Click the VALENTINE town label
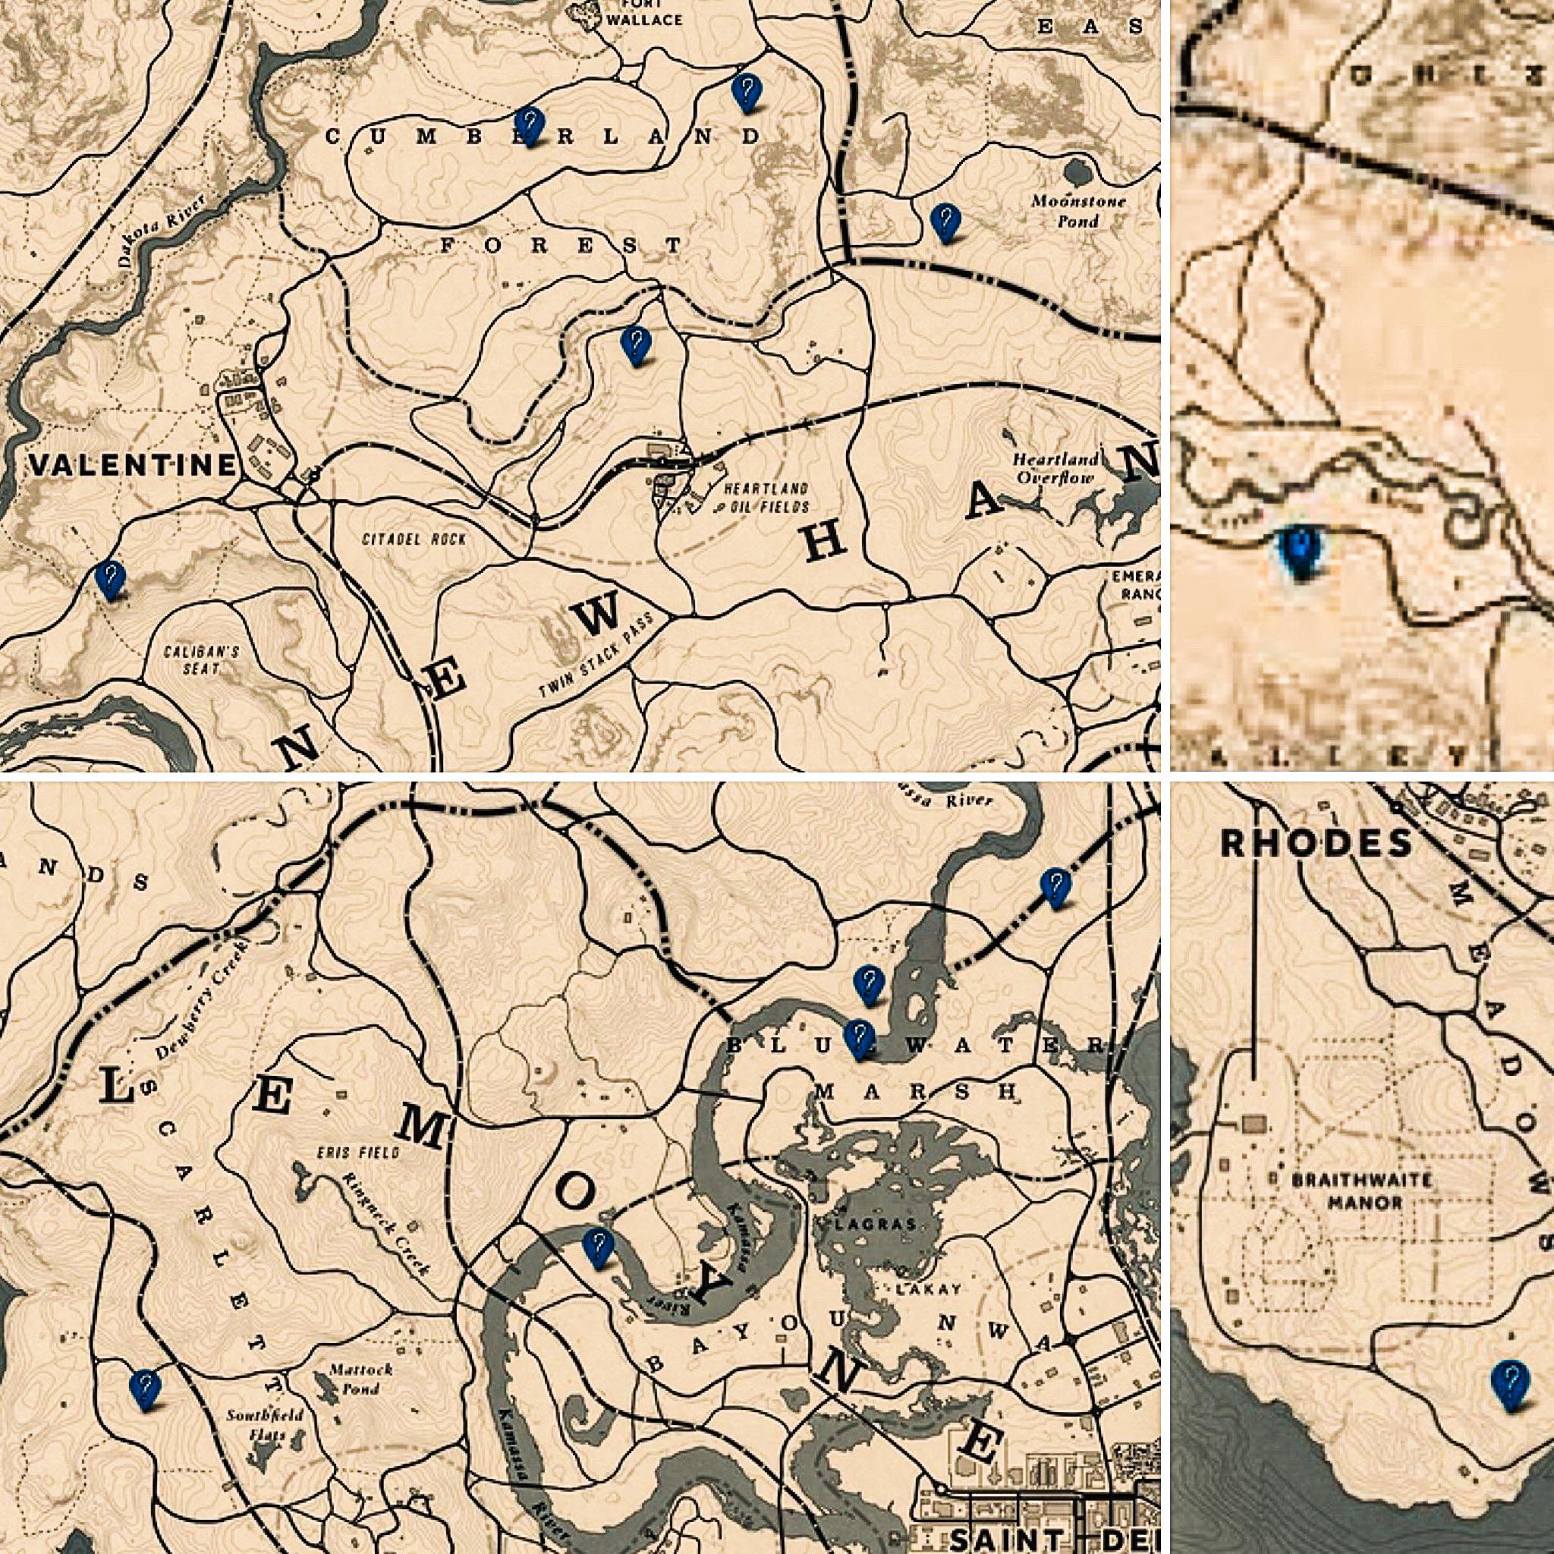click(134, 465)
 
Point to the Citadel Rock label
click(414, 539)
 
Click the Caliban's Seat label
click(201, 659)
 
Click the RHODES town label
click(1316, 843)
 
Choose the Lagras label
click(886, 1224)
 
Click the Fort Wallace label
click(643, 12)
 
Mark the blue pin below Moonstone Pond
click(945, 222)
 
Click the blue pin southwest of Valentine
click(110, 579)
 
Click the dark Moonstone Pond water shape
click(1074, 171)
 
